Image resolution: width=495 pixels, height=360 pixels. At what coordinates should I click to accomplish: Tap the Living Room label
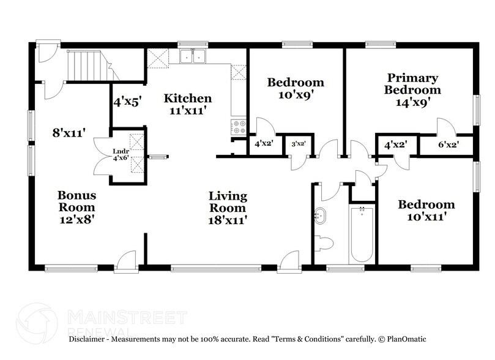click(x=228, y=197)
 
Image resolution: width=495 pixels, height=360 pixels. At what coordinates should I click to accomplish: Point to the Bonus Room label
click(x=76, y=196)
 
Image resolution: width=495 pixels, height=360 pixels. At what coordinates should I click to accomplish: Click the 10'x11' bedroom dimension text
click(x=426, y=216)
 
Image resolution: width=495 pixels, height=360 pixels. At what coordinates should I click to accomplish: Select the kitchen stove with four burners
click(x=237, y=127)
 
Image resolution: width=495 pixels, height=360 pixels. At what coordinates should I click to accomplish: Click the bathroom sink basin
click(x=320, y=216)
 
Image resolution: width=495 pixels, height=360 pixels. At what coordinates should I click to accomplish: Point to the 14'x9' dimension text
click(x=412, y=102)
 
